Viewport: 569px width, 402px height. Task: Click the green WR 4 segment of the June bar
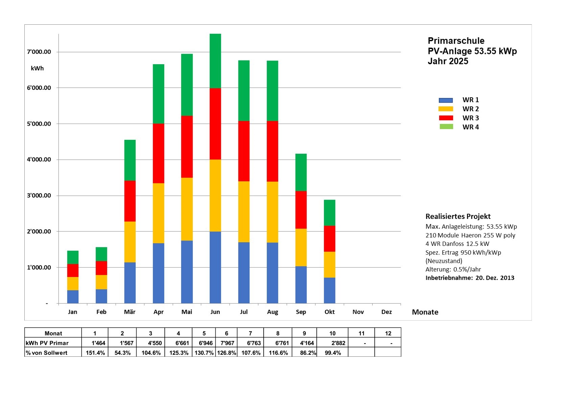[x=215, y=61]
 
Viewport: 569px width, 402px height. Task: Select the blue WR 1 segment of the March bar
[x=130, y=283]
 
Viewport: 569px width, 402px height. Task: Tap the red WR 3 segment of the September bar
[x=301, y=210]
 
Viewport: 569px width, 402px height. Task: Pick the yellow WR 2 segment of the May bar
[x=187, y=209]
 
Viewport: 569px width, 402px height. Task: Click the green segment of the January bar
[x=73, y=257]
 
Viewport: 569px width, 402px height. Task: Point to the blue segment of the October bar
[x=329, y=291]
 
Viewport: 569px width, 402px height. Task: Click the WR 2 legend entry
[x=470, y=109]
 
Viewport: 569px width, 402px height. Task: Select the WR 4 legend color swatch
[x=446, y=127]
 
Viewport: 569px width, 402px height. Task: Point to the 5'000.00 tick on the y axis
[x=39, y=124]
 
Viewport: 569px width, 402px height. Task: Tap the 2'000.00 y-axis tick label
[x=39, y=231]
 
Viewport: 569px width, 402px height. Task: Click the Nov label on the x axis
[x=358, y=312]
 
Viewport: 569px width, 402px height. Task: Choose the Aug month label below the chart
[x=272, y=312]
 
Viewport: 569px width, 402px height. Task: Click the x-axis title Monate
[x=425, y=312]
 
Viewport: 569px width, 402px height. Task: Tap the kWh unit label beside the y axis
[x=37, y=68]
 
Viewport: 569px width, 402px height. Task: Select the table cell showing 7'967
[x=227, y=343]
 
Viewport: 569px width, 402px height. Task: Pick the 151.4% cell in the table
[x=95, y=353]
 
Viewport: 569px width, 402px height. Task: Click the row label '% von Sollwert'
[x=47, y=353]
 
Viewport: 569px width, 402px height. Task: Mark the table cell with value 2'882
[x=338, y=343]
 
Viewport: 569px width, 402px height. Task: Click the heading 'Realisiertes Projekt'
[x=458, y=217]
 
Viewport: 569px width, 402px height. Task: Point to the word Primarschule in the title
[x=456, y=41]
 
